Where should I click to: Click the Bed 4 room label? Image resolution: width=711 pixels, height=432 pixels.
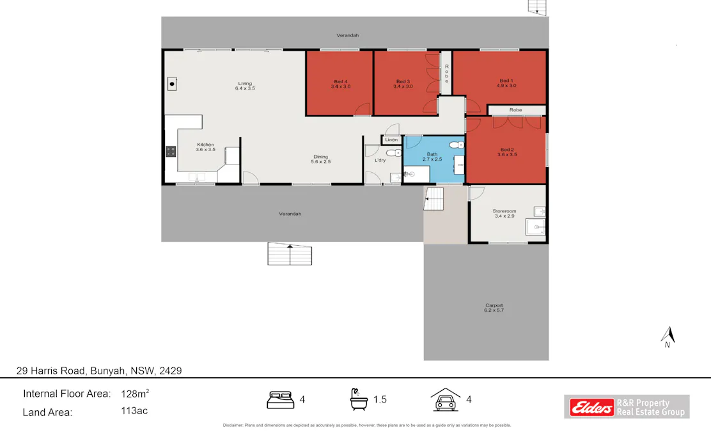coord(340,84)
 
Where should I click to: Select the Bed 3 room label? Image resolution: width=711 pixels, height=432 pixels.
coord(402,84)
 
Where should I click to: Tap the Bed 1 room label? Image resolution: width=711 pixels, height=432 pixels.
coord(506,83)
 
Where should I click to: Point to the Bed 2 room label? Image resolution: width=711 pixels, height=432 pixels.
coord(506,152)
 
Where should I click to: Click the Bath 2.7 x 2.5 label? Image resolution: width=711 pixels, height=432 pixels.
coord(432,157)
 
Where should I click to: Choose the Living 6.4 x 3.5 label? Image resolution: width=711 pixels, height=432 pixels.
coord(245,86)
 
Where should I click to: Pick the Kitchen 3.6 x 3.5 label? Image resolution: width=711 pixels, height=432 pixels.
coord(205,147)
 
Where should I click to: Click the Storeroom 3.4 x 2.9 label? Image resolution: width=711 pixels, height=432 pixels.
coord(504,213)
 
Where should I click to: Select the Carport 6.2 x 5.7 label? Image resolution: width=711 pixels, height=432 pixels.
coord(494,308)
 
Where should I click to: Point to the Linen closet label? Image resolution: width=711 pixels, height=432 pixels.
coord(391,140)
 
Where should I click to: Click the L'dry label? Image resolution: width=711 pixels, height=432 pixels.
coord(380,160)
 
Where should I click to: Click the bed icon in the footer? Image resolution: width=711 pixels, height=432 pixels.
coord(280,400)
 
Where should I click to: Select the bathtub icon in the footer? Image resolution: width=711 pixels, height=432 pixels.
coord(359,399)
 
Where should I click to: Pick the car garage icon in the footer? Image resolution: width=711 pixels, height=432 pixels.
coord(445,399)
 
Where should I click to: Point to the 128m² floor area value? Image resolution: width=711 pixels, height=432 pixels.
coord(135,393)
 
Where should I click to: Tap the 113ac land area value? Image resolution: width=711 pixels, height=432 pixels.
coord(134,411)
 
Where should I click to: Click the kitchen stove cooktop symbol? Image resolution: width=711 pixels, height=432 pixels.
coord(171,152)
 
